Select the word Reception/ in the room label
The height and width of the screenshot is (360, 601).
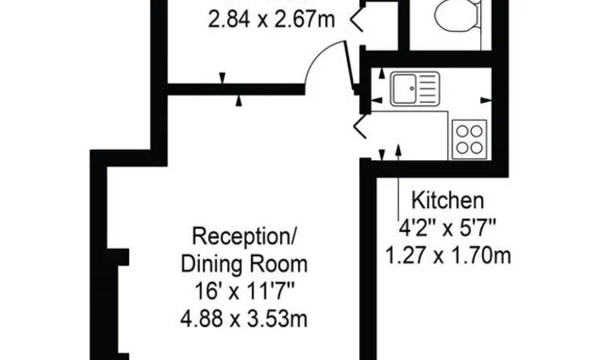pos(245,238)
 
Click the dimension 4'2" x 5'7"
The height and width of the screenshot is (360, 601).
pos(448,227)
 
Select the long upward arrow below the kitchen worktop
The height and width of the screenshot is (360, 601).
pos(400,168)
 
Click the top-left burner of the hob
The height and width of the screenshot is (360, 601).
pos(461,130)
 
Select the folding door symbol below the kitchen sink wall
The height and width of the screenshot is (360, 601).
pos(361,125)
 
